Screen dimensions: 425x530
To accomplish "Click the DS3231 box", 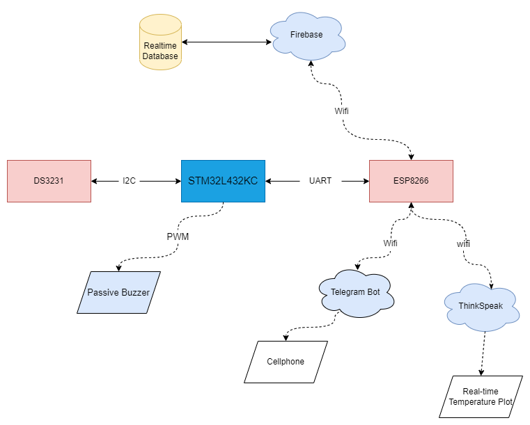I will pyautogui.click(x=49, y=181).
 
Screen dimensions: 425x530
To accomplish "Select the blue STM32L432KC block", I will pyautogui.click(x=223, y=181).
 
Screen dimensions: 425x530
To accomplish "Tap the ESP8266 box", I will pyautogui.click(x=411, y=181).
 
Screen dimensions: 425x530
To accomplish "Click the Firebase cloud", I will pyautogui.click(x=306, y=35).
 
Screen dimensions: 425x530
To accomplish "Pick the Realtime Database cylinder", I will pyautogui.click(x=160, y=45).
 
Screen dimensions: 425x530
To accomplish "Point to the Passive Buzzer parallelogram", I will pyautogui.click(x=118, y=292).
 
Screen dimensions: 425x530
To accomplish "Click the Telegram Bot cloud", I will pyautogui.click(x=355, y=293).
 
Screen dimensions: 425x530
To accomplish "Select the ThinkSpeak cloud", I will pyautogui.click(x=481, y=307).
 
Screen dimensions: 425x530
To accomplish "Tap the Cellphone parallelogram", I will pyautogui.click(x=286, y=362).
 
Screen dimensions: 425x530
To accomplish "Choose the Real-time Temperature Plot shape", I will pyautogui.click(x=481, y=397).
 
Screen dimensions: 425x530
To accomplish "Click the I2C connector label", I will pyautogui.click(x=130, y=181).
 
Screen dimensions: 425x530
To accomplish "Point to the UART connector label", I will pyautogui.click(x=320, y=181).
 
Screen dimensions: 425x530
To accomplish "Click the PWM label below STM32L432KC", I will pyautogui.click(x=178, y=236).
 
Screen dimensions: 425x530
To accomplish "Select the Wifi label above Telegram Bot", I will pyautogui.click(x=391, y=243).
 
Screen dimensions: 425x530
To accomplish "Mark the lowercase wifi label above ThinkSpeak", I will pyautogui.click(x=463, y=244).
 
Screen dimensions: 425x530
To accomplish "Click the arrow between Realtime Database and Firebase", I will pyautogui.click(x=226, y=42).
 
